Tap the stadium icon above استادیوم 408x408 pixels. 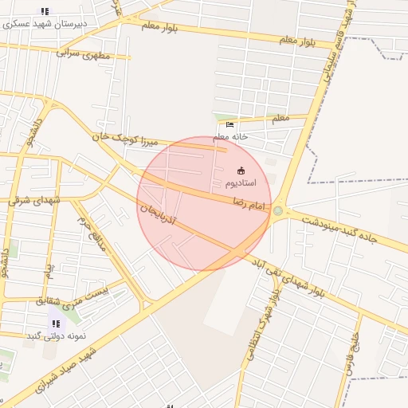pos(241,170)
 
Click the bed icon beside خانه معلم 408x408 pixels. pos(230,124)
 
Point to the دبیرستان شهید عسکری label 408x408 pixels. pos(45,24)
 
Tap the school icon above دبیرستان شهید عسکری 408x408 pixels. pos(45,11)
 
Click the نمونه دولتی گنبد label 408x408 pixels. pos(55,335)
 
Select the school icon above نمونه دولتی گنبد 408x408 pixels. pos(56,323)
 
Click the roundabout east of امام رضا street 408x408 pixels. pos(278,210)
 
